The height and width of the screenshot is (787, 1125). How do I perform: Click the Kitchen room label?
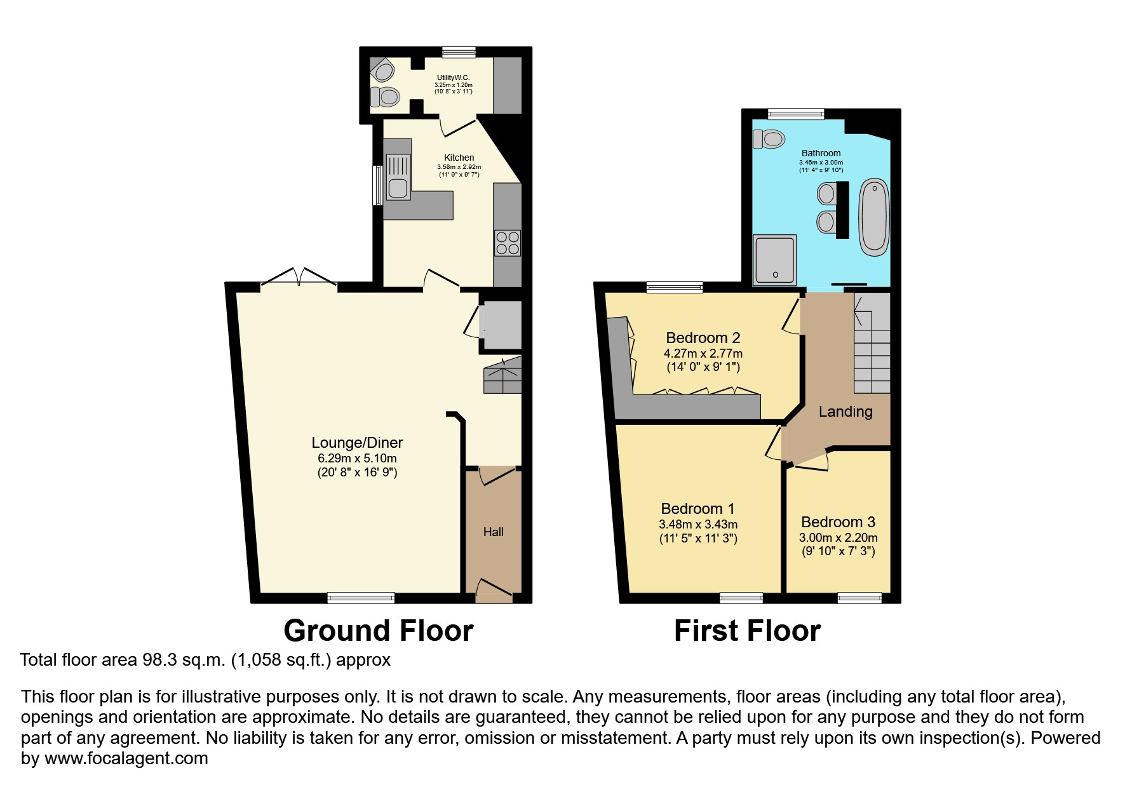point(459,158)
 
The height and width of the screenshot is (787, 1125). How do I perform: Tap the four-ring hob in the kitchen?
point(507,243)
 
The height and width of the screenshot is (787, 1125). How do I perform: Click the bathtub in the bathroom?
point(874,217)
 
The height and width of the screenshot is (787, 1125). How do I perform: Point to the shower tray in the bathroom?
point(774,260)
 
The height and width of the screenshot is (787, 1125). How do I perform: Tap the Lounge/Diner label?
point(357,443)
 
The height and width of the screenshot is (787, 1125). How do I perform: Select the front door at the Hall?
point(494,590)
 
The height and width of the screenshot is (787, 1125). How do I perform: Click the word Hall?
point(494,532)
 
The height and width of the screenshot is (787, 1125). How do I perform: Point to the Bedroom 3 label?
point(838,522)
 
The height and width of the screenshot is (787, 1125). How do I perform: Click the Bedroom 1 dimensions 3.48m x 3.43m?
point(698,525)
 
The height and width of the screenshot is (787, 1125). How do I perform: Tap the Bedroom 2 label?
point(703,338)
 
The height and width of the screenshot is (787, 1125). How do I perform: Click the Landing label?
point(845,412)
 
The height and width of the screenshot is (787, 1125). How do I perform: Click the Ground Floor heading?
point(378,631)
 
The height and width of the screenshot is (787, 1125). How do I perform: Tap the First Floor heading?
point(747,631)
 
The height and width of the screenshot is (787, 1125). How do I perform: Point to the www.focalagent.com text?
point(126,758)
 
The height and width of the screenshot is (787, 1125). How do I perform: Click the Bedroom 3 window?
point(859,597)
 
